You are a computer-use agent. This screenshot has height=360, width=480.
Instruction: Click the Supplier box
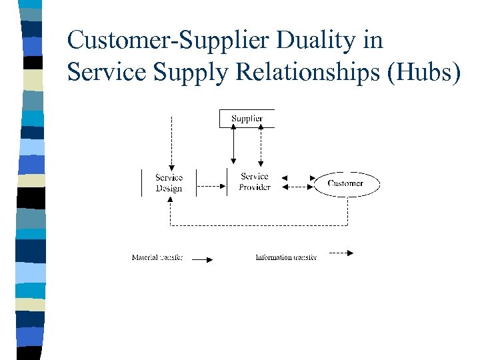click(247, 118)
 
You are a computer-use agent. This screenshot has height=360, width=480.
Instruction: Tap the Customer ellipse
click(346, 183)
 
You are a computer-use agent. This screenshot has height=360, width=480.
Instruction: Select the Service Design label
click(169, 183)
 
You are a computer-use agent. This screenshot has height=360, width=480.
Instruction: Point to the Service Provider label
click(255, 182)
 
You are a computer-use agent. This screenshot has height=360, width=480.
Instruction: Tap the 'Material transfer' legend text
click(157, 257)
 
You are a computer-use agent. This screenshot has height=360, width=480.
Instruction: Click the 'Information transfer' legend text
click(286, 257)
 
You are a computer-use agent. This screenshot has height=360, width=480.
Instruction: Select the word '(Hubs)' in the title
click(424, 73)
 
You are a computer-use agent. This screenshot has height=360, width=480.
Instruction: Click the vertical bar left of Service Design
click(142, 183)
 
